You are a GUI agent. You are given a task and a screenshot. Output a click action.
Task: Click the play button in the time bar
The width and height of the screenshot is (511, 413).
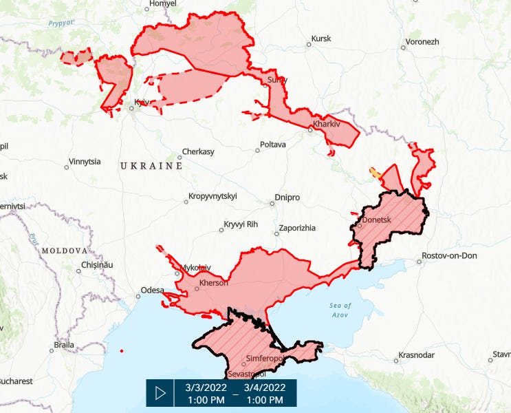[160, 392]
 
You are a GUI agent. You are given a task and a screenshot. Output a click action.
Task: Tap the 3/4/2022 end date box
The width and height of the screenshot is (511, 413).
[265, 392]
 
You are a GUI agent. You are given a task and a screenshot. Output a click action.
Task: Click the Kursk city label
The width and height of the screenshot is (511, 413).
[321, 39]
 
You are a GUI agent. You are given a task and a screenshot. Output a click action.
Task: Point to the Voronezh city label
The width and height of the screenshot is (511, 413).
[422, 41]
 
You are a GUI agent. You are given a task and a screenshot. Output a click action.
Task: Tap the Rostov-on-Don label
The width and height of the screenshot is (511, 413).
[450, 256]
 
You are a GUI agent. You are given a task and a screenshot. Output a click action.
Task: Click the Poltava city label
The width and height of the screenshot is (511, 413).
[272, 145]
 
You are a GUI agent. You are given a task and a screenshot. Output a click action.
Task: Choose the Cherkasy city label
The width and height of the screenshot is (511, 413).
[197, 151]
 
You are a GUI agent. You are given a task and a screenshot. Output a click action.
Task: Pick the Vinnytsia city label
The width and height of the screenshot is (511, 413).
[84, 162]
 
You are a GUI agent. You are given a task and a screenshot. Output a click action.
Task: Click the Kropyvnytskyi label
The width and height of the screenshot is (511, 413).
[212, 196]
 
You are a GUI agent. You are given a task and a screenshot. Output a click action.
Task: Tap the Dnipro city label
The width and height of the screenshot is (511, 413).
[287, 198]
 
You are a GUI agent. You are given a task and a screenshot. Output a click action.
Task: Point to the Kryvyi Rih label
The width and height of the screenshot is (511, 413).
[241, 225]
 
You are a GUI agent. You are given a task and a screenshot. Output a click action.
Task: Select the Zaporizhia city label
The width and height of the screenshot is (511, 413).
[297, 228]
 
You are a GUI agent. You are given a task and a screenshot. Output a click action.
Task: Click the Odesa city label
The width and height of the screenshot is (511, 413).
[153, 290]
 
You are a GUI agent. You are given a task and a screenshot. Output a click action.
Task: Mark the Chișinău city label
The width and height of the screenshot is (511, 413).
[96, 264]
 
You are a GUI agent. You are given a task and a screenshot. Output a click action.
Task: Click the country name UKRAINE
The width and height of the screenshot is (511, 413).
[151, 167]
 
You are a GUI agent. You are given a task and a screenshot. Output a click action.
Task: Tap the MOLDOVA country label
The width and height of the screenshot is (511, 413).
[64, 251]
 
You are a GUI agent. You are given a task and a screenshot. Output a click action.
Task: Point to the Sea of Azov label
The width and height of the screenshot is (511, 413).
[340, 310]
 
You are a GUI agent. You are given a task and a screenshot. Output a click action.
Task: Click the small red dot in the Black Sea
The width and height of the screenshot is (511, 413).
[121, 351]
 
